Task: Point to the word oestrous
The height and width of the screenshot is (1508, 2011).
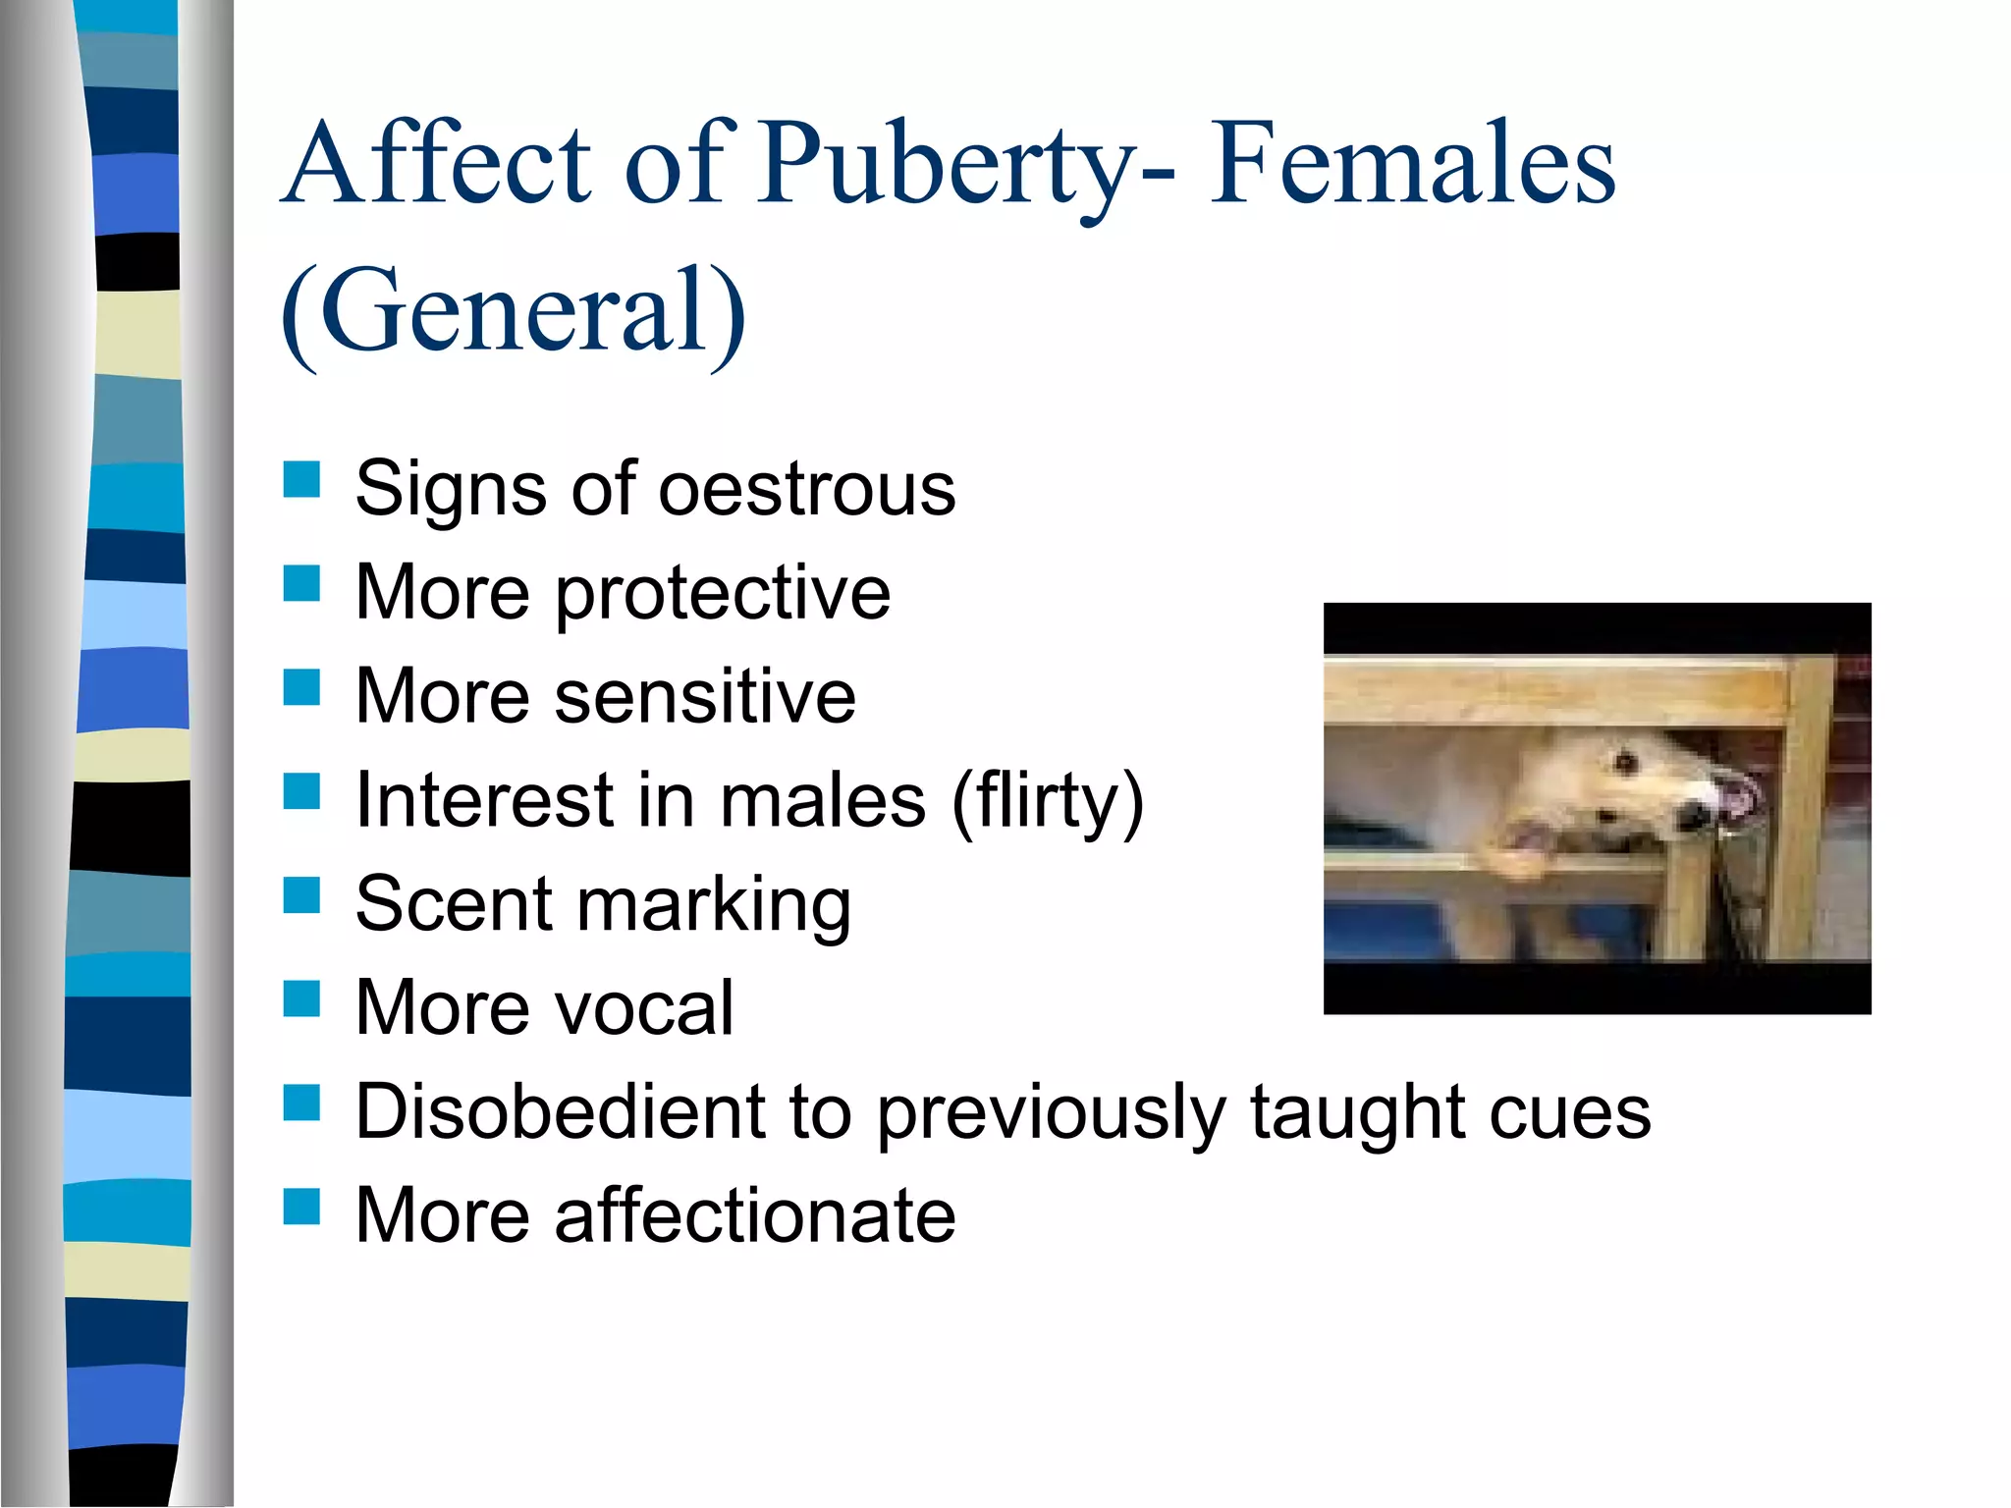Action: pyautogui.click(x=806, y=488)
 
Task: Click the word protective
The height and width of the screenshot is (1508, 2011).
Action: pyautogui.click(x=723, y=593)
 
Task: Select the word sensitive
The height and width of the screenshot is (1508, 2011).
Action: pyautogui.click(x=705, y=696)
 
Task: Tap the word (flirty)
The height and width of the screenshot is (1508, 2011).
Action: pyautogui.click(x=1048, y=801)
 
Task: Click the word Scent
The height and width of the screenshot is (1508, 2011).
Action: pyautogui.click(x=453, y=903)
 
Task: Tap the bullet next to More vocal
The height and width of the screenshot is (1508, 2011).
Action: pyautogui.click(x=301, y=998)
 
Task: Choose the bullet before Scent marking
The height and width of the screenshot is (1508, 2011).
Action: pyautogui.click(x=301, y=894)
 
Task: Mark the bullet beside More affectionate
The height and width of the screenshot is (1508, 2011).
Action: pyautogui.click(x=301, y=1207)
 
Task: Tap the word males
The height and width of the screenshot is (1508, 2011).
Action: pyautogui.click(x=823, y=801)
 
